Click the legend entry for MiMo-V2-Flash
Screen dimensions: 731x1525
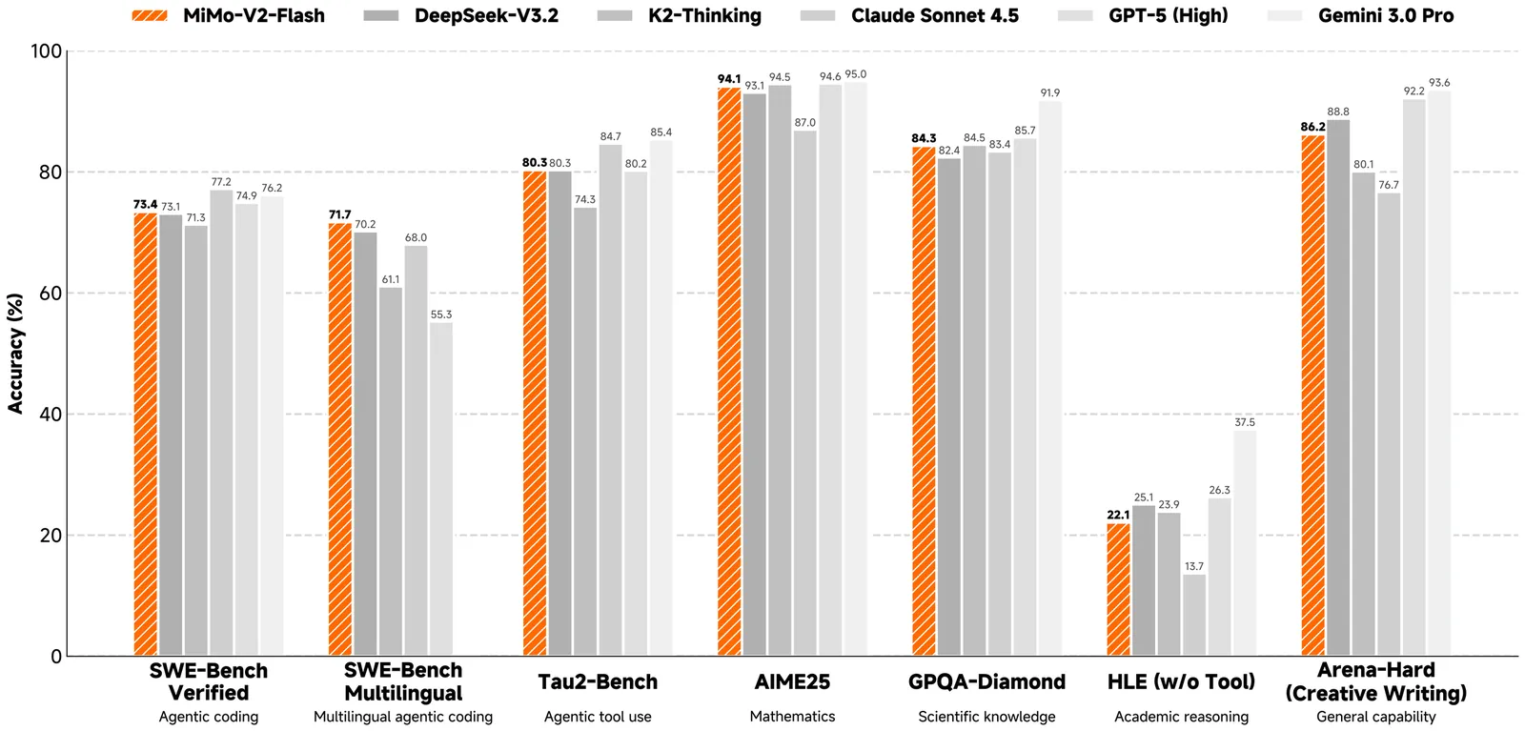coord(228,15)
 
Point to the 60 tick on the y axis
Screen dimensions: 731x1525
coord(50,294)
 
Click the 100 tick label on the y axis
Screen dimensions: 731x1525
coord(46,51)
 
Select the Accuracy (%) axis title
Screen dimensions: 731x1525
coord(15,354)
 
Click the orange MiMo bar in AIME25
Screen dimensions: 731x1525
coord(729,372)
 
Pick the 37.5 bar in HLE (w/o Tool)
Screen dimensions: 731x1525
coord(1245,543)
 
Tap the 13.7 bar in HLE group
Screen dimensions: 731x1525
coord(1194,615)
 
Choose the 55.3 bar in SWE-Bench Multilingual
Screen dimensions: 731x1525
coord(441,489)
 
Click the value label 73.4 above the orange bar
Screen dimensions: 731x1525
coord(145,204)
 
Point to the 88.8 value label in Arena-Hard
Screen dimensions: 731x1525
coord(1338,112)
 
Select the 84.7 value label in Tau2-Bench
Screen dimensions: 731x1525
coord(610,136)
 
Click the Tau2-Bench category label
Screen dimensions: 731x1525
coord(598,681)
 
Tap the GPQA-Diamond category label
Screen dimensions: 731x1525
coord(986,681)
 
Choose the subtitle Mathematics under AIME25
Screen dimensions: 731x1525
coord(792,717)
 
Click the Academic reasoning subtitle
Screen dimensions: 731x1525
coord(1181,717)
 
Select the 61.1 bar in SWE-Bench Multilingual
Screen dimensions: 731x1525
coord(391,472)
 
